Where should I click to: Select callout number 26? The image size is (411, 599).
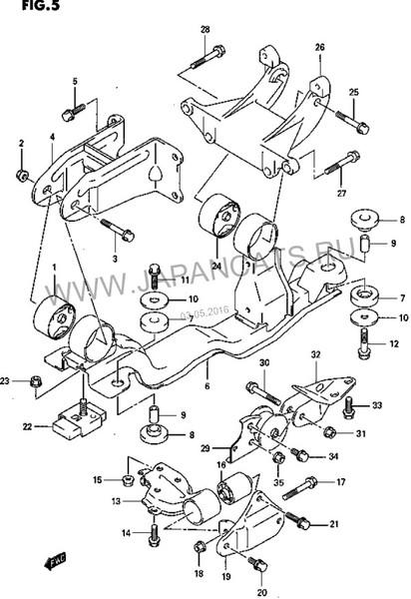point(319,47)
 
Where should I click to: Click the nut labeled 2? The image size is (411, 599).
point(22,178)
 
